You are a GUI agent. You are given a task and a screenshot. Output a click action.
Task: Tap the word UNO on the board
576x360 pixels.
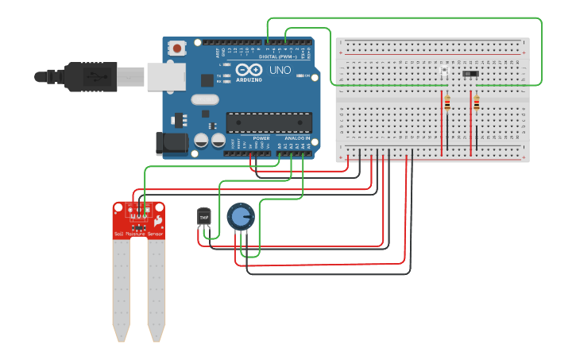[x=280, y=71]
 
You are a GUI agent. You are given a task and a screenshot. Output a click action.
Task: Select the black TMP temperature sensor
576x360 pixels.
[x=203, y=217]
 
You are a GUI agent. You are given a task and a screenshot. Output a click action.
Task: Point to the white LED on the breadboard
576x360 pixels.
[x=444, y=73]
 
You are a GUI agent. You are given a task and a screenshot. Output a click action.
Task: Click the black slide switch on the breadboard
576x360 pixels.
[x=470, y=74]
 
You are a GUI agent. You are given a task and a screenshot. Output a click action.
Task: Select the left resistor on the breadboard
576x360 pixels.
[x=447, y=103]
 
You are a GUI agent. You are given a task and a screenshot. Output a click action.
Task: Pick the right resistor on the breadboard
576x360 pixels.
[x=476, y=103]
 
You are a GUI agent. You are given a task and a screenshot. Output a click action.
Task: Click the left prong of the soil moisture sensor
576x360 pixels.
[x=121, y=286]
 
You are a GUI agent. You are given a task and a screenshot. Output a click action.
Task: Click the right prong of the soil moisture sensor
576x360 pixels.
[x=157, y=286]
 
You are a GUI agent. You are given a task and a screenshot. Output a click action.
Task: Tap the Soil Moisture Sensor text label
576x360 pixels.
[x=139, y=234]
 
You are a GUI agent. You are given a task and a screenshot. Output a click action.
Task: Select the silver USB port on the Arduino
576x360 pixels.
[x=165, y=76]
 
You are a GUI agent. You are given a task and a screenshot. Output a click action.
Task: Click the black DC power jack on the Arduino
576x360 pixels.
[x=172, y=143]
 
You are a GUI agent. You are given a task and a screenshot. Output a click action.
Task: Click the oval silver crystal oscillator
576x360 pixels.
[x=204, y=99]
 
